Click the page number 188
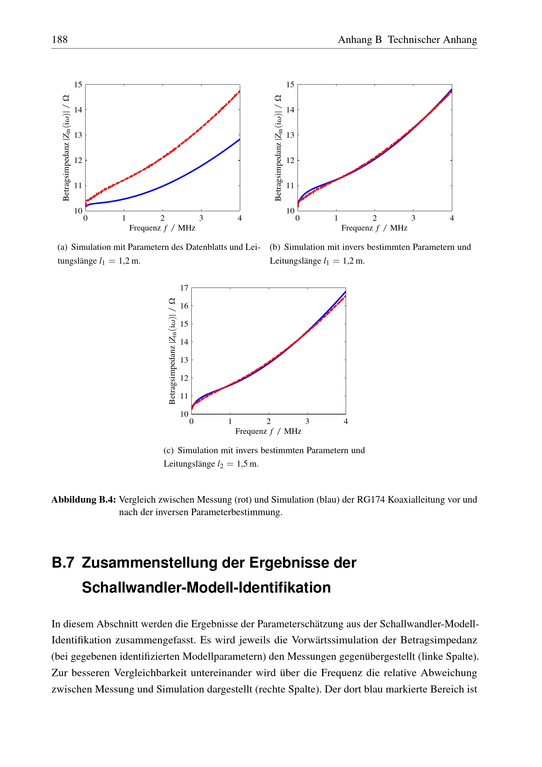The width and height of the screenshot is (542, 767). (60, 40)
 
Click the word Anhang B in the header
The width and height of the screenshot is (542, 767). (359, 40)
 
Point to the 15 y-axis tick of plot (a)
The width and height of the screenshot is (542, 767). (78, 85)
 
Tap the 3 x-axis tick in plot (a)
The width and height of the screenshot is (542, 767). (201, 218)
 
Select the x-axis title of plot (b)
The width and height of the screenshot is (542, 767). (374, 228)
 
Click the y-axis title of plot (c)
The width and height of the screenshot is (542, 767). (172, 351)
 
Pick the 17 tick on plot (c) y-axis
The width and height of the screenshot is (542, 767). (184, 288)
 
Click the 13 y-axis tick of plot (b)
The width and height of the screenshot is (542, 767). (290, 135)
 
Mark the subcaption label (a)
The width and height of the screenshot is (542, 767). (62, 247)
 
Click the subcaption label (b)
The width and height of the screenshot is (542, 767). (275, 247)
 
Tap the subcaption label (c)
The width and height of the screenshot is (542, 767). (168, 450)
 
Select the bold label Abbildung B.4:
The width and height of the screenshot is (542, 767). (84, 500)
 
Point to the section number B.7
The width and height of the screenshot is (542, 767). (63, 563)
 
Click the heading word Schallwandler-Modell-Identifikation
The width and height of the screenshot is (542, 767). (206, 588)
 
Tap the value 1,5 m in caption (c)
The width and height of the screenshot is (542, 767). (248, 464)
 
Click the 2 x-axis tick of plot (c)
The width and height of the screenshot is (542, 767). (269, 422)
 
